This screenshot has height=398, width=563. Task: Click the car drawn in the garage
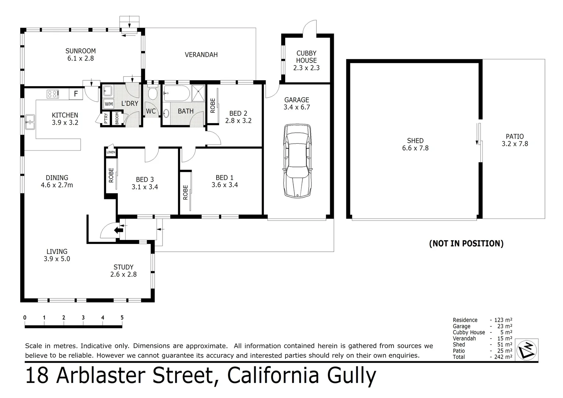pyautogui.click(x=297, y=161)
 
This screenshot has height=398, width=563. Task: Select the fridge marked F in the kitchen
pyautogui.click(x=76, y=94)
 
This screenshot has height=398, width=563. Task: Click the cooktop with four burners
pyautogui.click(x=53, y=94)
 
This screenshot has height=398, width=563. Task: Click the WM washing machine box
pyautogui.click(x=109, y=104)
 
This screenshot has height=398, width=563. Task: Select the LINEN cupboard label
pyautogui.click(x=111, y=152)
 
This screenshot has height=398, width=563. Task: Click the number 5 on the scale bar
pyautogui.click(x=122, y=318)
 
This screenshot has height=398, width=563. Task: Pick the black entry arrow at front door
pyautogui.click(x=119, y=230)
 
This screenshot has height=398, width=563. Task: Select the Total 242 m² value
pyautogui.click(x=503, y=357)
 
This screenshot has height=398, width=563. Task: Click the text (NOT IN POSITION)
pyautogui.click(x=466, y=243)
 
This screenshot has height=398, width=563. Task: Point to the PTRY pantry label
pyautogui.click(x=106, y=119)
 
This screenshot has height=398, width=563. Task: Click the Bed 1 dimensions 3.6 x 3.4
pyautogui.click(x=224, y=185)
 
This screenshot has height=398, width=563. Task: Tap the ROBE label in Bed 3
pyautogui.click(x=111, y=176)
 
